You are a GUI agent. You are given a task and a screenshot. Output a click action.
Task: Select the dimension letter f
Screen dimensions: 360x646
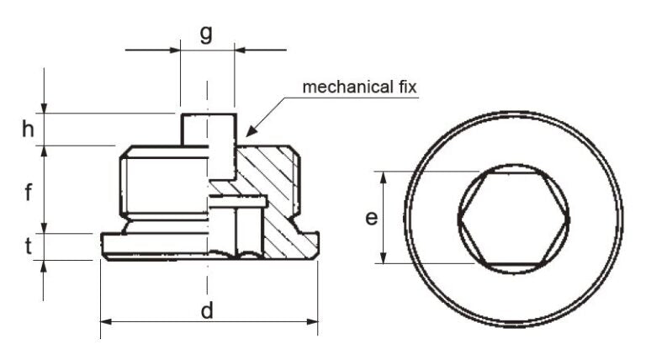(x=28, y=192)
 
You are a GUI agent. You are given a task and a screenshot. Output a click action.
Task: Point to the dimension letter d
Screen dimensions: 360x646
(x=207, y=310)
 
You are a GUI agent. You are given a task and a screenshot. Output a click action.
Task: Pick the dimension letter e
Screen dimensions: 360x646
(x=370, y=219)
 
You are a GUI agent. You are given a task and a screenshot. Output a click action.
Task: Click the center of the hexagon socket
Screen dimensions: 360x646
(x=513, y=219)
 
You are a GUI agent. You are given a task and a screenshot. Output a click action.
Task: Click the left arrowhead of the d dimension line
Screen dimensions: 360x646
(x=104, y=320)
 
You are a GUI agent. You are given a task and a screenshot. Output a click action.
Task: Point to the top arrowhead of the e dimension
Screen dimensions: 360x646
(x=384, y=175)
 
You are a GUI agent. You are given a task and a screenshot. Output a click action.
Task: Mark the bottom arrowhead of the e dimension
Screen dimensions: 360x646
(x=384, y=261)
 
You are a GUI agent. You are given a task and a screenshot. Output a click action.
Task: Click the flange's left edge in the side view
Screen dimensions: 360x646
(x=102, y=246)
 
